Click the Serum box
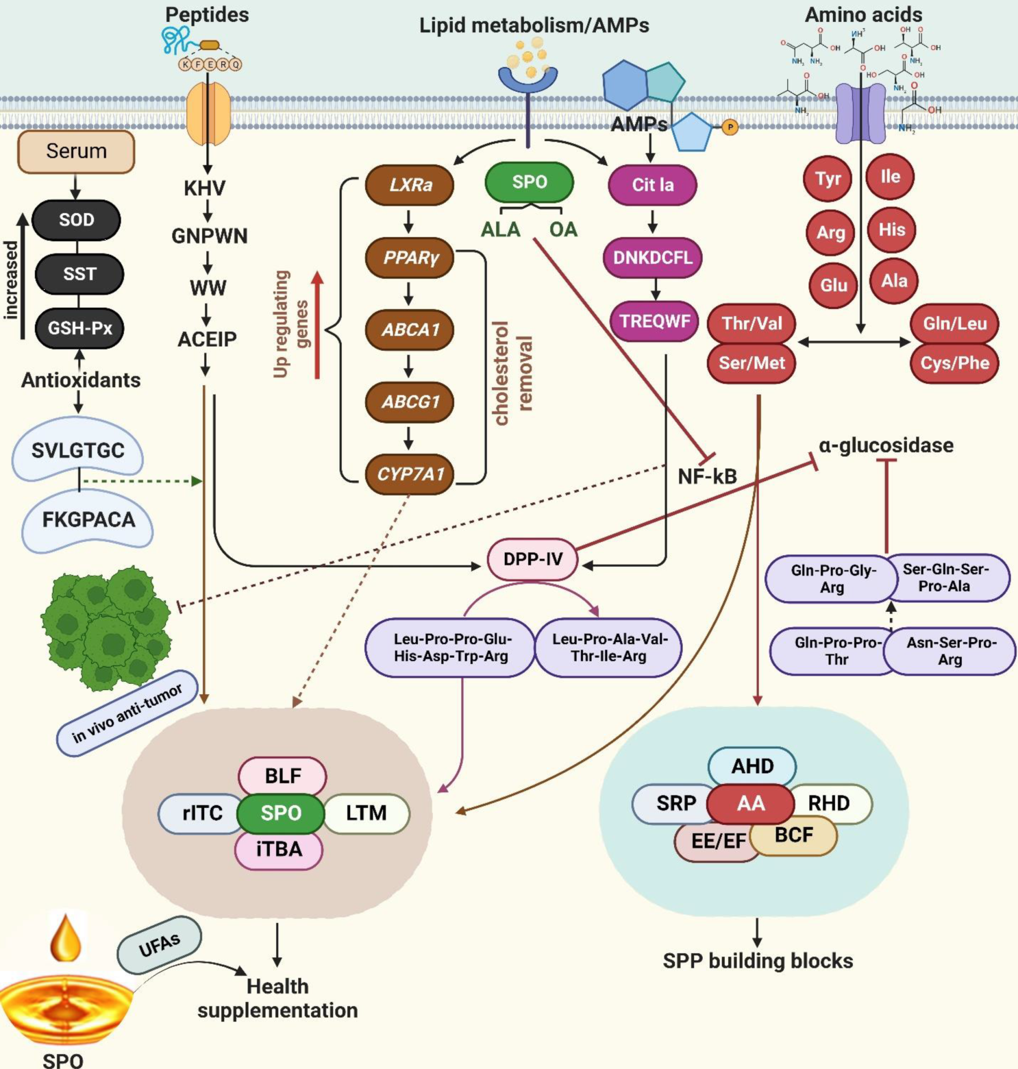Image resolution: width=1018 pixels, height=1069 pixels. click(x=76, y=151)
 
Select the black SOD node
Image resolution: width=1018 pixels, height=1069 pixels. click(x=76, y=220)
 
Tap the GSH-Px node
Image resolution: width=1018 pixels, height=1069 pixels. click(x=79, y=328)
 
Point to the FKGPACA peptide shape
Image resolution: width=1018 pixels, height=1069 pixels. click(x=88, y=521)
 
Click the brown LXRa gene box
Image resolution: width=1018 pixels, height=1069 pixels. click(x=410, y=185)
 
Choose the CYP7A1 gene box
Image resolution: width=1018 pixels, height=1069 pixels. click(x=410, y=474)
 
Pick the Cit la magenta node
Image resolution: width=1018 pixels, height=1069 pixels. click(x=652, y=185)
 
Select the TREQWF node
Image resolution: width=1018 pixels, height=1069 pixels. click(x=654, y=321)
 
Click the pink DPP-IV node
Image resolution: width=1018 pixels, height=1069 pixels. click(x=533, y=559)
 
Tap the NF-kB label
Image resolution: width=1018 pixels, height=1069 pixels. click(x=707, y=476)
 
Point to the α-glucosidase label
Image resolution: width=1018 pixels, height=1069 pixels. click(x=886, y=445)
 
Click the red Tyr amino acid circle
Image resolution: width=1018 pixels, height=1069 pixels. click(x=828, y=179)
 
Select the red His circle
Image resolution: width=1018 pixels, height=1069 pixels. click(x=891, y=230)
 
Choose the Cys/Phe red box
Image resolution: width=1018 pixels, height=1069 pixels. click(x=954, y=363)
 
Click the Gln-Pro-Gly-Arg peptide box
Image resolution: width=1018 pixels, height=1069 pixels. click(x=832, y=579)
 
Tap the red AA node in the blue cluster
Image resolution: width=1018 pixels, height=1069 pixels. click(x=750, y=803)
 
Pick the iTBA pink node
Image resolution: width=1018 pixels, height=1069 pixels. click(x=279, y=850)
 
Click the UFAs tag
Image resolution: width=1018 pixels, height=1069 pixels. click(x=160, y=946)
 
